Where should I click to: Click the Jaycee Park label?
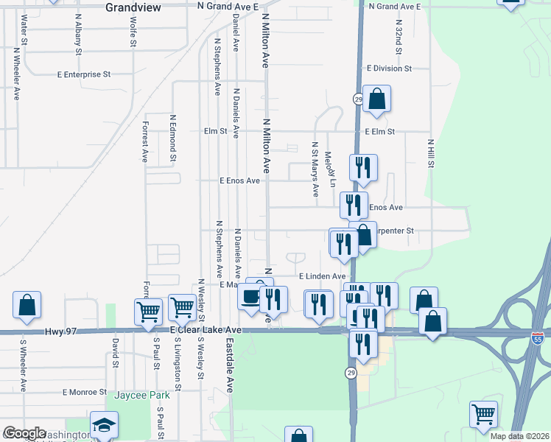point(142,396)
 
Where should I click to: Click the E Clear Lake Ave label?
point(206,330)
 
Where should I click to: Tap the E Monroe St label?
point(85,392)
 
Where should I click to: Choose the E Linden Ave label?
point(321,276)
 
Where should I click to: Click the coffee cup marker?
point(248,298)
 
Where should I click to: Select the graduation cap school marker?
point(104,425)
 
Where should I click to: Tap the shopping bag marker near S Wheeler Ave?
point(27,306)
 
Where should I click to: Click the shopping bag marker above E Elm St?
point(376,99)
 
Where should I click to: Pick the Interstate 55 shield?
point(538,336)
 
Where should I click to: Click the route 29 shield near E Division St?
point(358,99)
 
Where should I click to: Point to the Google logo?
point(24,433)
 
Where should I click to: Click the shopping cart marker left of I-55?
point(483,414)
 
